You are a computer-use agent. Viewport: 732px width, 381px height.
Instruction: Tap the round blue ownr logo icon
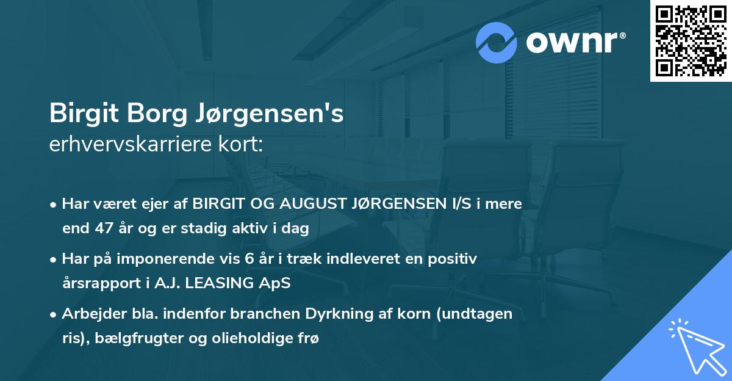point(497,42)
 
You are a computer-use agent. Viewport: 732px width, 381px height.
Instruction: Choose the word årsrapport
point(98,284)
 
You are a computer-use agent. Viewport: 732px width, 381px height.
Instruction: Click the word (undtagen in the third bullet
point(474,314)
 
